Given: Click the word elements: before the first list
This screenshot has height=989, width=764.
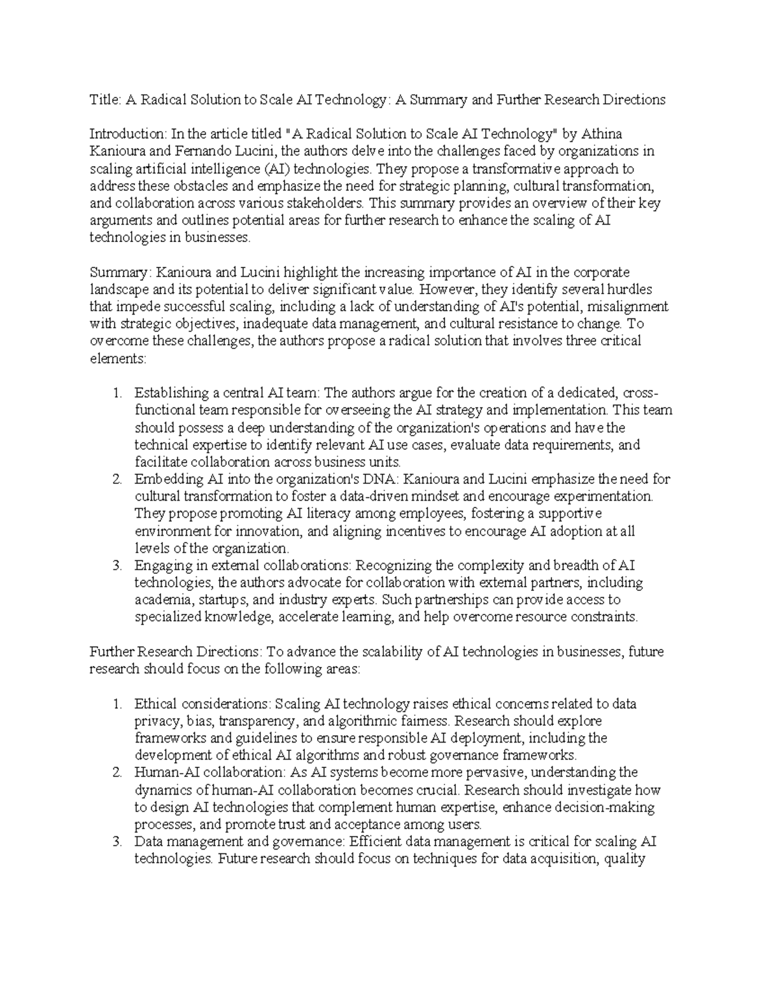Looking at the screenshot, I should coord(118,359).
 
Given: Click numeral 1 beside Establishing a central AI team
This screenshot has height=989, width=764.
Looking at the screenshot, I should coord(117,393).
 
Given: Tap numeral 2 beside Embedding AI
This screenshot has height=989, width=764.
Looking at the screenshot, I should coord(117,479).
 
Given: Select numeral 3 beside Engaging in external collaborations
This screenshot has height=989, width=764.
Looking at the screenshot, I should coord(117,566).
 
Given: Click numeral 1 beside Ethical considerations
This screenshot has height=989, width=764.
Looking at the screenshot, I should coord(117,704).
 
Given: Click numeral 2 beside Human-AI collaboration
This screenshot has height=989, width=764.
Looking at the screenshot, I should coord(117,773).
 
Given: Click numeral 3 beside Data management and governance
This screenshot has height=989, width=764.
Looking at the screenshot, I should coord(117,842).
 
